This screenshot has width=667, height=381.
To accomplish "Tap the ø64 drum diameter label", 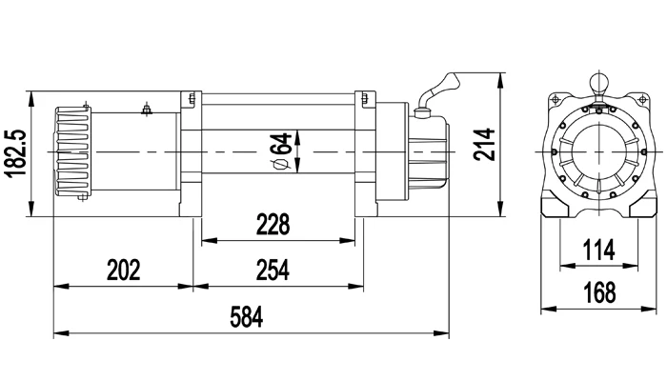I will pos(280,152).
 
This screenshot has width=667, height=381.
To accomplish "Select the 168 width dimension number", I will pos(598,293).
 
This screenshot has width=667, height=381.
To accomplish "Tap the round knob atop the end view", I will pos(598,81).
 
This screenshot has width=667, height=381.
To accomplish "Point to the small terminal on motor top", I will pos(146,109).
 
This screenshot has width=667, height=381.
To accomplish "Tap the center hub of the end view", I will pos(598,152).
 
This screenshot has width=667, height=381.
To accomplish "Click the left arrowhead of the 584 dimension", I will pos(57,333).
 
